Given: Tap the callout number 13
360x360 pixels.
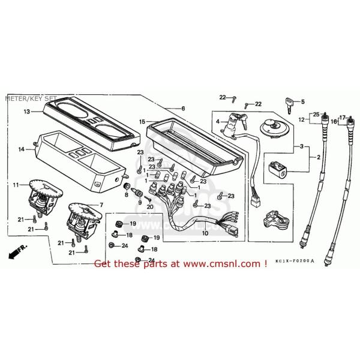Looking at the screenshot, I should click(x=27, y=112).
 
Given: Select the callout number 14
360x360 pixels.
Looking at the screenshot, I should click(x=22, y=149).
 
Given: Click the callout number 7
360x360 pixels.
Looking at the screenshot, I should click(x=101, y=205).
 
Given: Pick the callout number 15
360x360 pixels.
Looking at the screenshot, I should click(x=142, y=122).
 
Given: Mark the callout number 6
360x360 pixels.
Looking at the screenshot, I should click(x=184, y=108).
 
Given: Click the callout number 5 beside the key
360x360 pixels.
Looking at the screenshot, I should click(x=303, y=101).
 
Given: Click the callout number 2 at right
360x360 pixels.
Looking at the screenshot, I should click(x=319, y=157).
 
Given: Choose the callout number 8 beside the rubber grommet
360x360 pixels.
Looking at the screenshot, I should click(x=127, y=195).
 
